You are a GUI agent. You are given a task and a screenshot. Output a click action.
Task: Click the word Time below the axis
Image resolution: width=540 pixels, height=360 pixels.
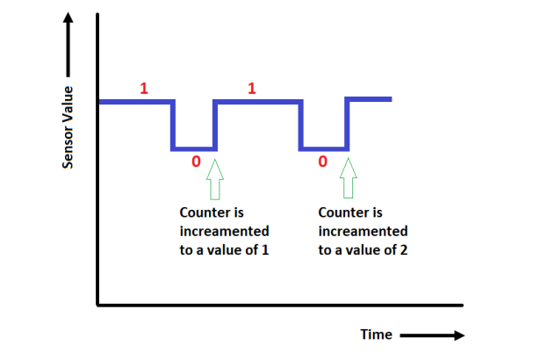click(376, 335)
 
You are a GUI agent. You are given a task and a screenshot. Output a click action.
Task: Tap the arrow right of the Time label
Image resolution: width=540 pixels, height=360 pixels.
click(431, 335)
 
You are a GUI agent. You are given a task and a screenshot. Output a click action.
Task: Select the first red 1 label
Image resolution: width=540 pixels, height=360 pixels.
click(143, 88)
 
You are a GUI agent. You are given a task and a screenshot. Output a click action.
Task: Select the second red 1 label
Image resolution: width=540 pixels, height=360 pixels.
click(252, 88)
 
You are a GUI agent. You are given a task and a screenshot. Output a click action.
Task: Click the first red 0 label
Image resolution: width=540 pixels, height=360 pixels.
click(196, 162)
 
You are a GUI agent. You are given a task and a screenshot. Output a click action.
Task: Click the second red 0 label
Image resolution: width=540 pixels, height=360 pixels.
click(323, 162)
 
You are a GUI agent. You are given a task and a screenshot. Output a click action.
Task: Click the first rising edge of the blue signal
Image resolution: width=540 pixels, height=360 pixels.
click(214, 125)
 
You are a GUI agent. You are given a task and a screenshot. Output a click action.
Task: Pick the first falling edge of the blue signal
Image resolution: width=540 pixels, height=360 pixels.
click(173, 125)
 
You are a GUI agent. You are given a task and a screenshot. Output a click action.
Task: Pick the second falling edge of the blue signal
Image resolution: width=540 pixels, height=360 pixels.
click(301, 125)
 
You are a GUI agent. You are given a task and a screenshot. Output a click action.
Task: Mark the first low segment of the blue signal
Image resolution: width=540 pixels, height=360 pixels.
click(194, 148)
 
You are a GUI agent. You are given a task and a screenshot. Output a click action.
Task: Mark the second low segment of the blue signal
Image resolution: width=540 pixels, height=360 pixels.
click(324, 148)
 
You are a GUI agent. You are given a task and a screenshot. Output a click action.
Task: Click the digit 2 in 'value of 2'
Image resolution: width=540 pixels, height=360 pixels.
click(404, 250)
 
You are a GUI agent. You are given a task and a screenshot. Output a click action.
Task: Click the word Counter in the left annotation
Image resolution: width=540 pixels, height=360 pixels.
click(205, 212)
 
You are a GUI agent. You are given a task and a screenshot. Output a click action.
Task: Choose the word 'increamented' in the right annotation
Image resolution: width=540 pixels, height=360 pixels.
click(363, 232)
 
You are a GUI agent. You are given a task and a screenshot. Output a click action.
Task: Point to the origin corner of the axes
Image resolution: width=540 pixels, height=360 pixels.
click(97, 305)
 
